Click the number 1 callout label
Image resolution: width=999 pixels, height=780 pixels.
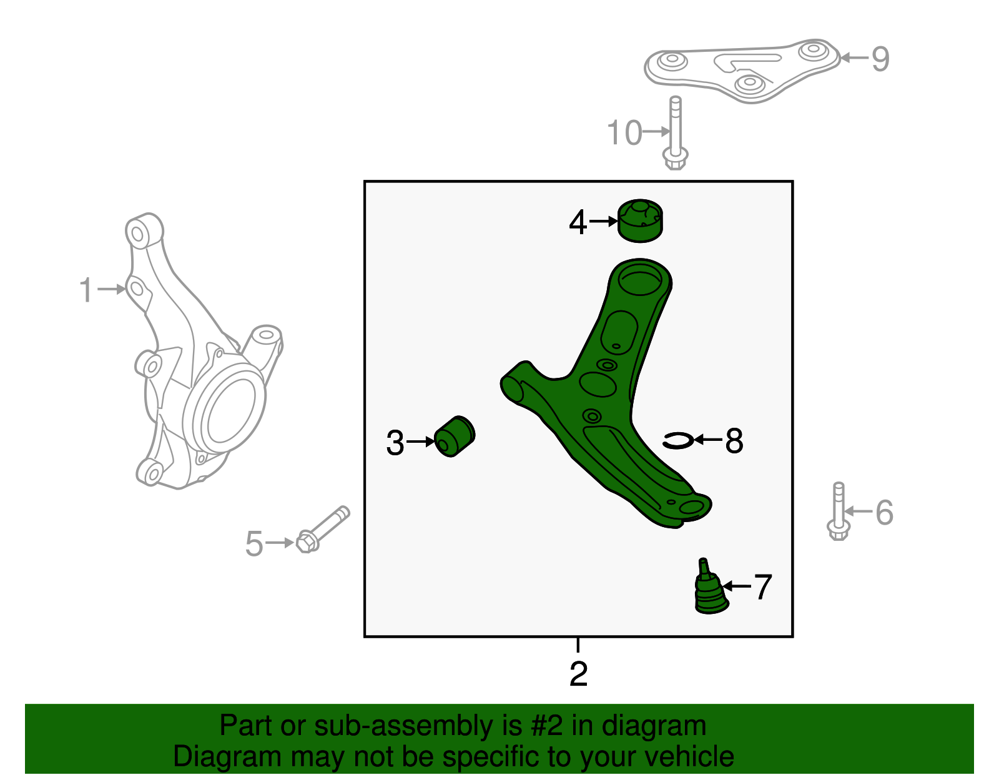tap(86, 290)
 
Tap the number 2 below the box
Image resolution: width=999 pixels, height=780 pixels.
tap(579, 674)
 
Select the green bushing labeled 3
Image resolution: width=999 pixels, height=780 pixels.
tap(455, 437)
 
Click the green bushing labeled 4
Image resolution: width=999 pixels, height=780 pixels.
tap(640, 221)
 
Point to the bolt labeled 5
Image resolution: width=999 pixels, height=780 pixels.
tap(322, 530)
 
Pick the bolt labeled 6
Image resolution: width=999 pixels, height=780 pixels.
tap(838, 511)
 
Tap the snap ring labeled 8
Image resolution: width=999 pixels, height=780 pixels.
tap(678, 441)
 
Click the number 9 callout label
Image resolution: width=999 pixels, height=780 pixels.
tap(880, 59)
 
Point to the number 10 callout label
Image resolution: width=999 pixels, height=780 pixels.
tap(624, 133)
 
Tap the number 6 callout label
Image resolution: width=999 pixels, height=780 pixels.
tap(885, 513)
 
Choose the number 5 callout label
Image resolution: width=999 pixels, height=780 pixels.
tap(254, 543)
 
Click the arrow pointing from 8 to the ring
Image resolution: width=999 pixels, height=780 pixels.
tap(708, 440)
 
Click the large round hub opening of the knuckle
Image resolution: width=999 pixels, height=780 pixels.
tap(231, 412)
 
